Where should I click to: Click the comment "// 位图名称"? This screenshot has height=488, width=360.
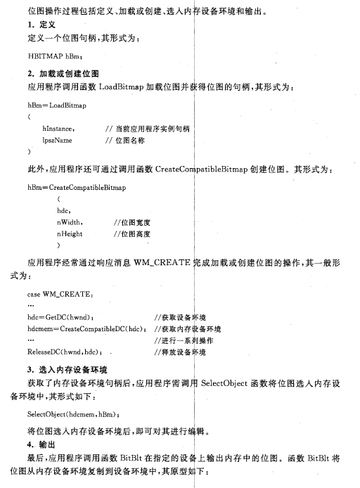click(x=126, y=140)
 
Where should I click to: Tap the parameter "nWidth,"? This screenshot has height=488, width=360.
click(x=72, y=222)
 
